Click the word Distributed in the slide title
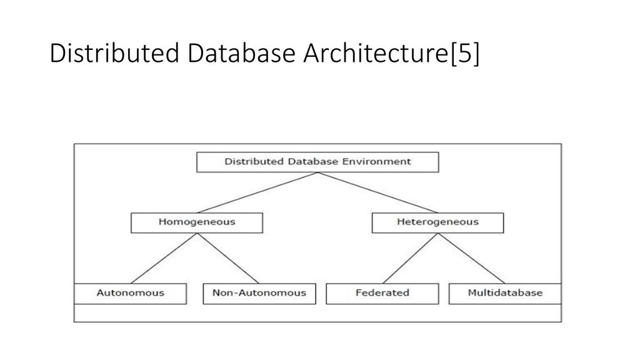pyautogui.click(x=115, y=53)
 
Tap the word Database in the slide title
pyautogui.click(x=241, y=53)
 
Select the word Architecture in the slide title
pyautogui.click(x=376, y=53)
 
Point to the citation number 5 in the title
pyautogui.click(x=465, y=54)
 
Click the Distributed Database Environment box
pyautogui.click(x=317, y=162)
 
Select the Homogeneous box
pyautogui.click(x=197, y=223)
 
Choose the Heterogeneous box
pyautogui.click(x=437, y=223)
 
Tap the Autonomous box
pyautogui.click(x=130, y=294)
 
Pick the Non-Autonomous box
pyautogui.click(x=259, y=294)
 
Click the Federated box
pyautogui.click(x=382, y=294)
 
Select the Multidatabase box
pyautogui.click(x=505, y=294)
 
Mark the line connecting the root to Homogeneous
pyautogui.click(x=257, y=192)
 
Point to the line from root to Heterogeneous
pyautogui.click(x=377, y=192)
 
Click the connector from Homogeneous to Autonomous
pyautogui.click(x=164, y=258)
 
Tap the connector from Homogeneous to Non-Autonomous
pyautogui.click(x=228, y=258)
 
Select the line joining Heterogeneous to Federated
pyautogui.click(x=410, y=258)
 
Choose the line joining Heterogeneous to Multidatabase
pyautogui.click(x=471, y=258)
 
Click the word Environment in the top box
pyautogui.click(x=376, y=162)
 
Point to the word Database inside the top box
pyautogui.click(x=313, y=162)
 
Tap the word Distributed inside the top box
pyautogui.click(x=254, y=162)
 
